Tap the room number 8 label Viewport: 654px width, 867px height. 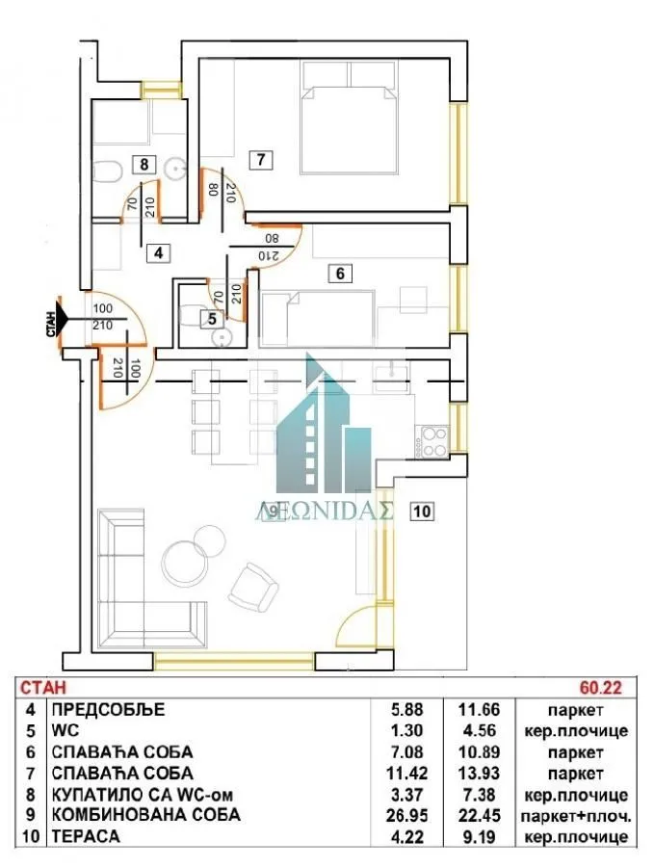click(x=144, y=164)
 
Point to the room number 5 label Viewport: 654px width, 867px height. click(x=212, y=319)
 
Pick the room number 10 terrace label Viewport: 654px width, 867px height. click(x=420, y=511)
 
